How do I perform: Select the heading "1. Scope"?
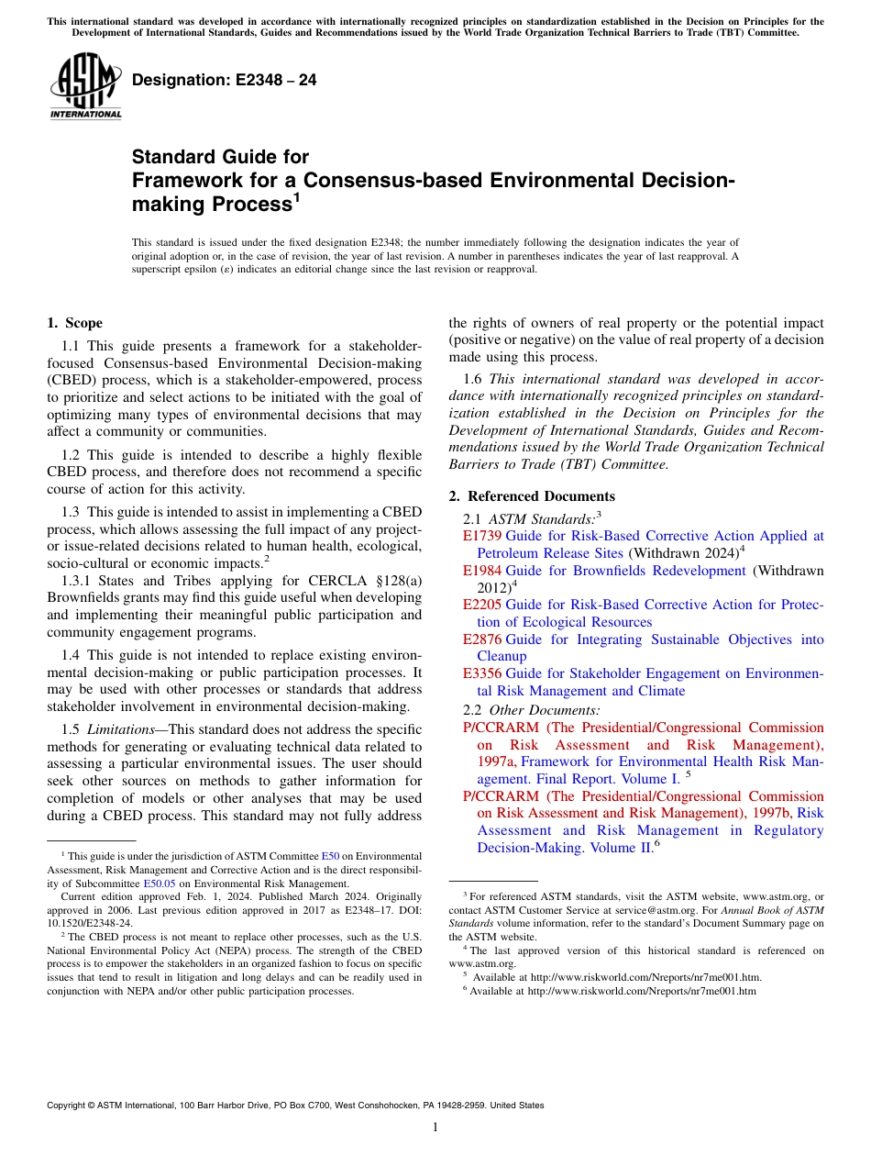74,323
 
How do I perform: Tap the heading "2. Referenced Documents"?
531,496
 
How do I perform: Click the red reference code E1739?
482,536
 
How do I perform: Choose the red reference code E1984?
482,571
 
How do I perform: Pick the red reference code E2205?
482,605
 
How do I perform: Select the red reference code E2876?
482,639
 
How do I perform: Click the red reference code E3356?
482,673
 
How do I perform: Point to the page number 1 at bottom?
435,1127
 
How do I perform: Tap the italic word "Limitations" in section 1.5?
126,729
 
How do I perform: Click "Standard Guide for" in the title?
221,157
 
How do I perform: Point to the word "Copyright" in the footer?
69,1106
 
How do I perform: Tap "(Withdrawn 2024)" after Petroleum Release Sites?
684,553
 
